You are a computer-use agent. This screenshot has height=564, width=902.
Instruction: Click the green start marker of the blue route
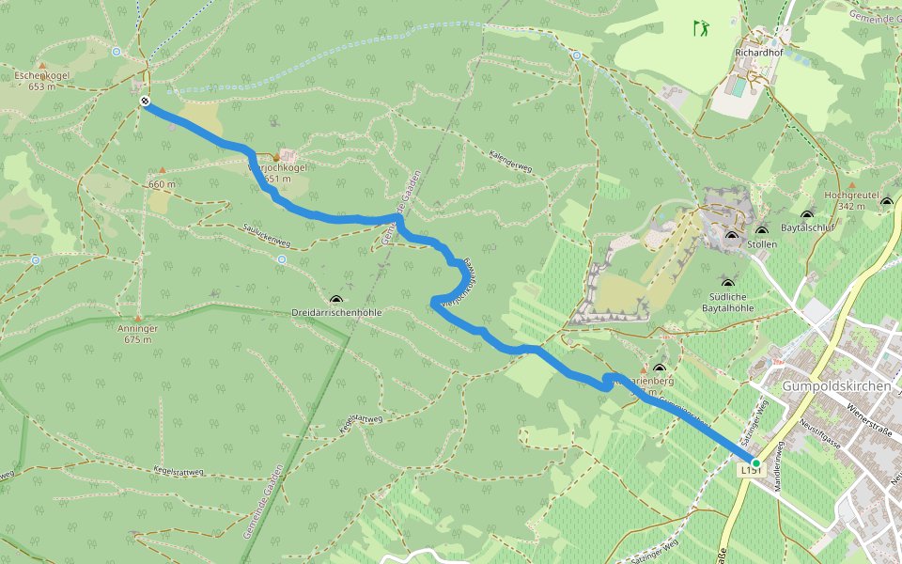(x=755, y=462)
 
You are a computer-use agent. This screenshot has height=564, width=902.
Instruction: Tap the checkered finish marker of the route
(x=144, y=101)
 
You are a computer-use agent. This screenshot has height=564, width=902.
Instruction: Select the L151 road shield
(x=750, y=470)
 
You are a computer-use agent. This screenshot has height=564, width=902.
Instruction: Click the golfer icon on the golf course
(x=701, y=28)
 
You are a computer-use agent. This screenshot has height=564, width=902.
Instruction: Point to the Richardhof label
(x=759, y=54)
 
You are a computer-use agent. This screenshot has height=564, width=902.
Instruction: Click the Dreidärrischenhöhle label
(x=335, y=312)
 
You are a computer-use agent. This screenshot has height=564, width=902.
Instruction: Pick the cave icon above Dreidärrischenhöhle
(x=336, y=298)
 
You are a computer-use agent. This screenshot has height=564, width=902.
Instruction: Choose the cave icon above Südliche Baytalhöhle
(x=725, y=282)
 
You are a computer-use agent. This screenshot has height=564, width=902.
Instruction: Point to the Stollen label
(x=761, y=243)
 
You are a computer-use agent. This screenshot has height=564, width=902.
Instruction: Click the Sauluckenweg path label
(x=266, y=235)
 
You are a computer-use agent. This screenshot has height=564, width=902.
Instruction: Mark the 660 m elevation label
(x=162, y=184)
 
